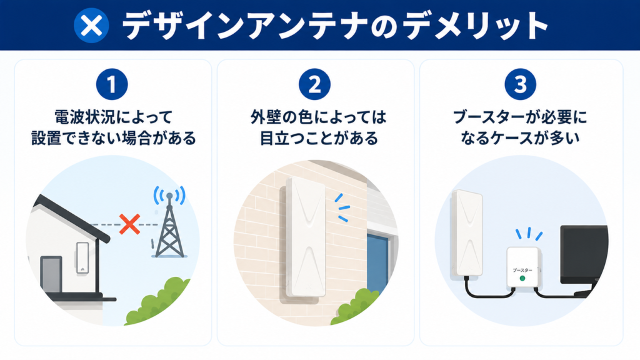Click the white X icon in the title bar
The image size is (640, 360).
[x=91, y=26]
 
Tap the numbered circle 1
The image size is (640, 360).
[x=112, y=84]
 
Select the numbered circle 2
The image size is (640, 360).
[x=314, y=84]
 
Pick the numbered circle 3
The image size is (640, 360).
[x=521, y=84]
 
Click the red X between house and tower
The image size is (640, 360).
[x=130, y=224]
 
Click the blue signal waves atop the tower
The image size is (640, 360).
[x=169, y=195]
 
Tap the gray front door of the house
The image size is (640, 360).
[x=51, y=274]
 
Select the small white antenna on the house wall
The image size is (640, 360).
[x=82, y=257]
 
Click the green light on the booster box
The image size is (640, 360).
[x=522, y=278]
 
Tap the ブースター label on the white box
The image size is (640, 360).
[x=522, y=270]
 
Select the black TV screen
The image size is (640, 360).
[x=584, y=254]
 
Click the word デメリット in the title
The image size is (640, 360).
[x=475, y=26]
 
